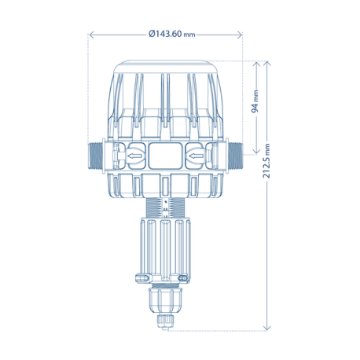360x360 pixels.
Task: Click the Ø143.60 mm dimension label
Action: (172, 34)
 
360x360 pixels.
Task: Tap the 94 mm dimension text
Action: (255, 101)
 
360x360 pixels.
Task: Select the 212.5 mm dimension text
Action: (266, 160)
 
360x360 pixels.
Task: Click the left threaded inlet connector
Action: (95, 156)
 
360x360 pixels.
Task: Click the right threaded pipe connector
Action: (236, 156)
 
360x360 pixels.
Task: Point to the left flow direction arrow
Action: (135, 156)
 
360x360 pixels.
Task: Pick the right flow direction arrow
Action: (197, 156)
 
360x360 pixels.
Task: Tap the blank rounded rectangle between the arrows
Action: (165, 156)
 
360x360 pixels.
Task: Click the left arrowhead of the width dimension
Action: (91, 35)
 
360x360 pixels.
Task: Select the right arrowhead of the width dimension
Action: (240, 35)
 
